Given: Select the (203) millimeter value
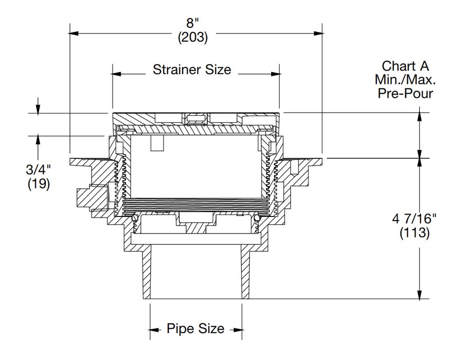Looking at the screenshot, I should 193,38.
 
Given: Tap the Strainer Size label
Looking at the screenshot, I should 192,69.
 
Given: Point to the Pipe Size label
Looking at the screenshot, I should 195,329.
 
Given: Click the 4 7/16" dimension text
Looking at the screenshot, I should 414,218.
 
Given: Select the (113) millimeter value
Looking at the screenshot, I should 414,232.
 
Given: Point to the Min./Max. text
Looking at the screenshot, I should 405,80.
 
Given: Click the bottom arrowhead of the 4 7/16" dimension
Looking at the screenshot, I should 421,295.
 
